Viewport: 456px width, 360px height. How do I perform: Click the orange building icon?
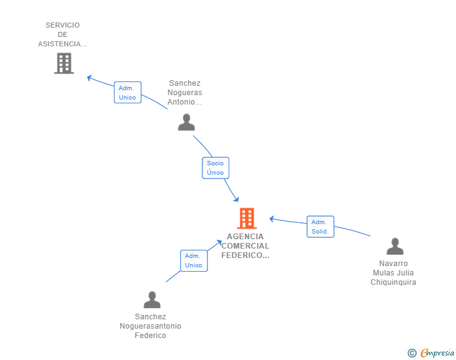(247, 218)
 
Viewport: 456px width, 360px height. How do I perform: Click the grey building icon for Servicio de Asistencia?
(64, 63)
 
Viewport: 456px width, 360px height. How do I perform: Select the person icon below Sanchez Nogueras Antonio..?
(187, 122)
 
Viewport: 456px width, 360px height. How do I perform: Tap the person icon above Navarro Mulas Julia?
(395, 246)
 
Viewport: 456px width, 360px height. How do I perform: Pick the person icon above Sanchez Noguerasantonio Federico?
(152, 299)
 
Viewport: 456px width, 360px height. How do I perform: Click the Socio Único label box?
(215, 168)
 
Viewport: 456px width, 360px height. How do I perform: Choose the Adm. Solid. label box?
(320, 227)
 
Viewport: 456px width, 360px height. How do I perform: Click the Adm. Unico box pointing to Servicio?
(127, 93)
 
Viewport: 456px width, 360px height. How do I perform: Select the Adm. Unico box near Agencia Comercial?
(194, 260)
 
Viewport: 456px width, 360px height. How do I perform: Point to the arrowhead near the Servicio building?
(90, 78)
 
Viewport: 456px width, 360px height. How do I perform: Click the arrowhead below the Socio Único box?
(236, 199)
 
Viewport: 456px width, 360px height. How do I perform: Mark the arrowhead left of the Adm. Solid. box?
(272, 219)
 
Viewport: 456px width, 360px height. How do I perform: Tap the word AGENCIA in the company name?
(245, 237)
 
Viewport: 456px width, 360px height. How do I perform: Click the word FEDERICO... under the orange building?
(245, 255)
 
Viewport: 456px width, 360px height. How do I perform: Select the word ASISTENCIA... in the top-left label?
(63, 44)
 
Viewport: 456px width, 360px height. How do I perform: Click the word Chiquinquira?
(393, 282)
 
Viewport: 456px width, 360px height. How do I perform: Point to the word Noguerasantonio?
(150, 326)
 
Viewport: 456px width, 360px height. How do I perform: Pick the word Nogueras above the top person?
(185, 93)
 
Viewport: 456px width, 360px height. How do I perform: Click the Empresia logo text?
(437, 352)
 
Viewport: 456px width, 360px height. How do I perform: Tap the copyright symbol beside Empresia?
(412, 353)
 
